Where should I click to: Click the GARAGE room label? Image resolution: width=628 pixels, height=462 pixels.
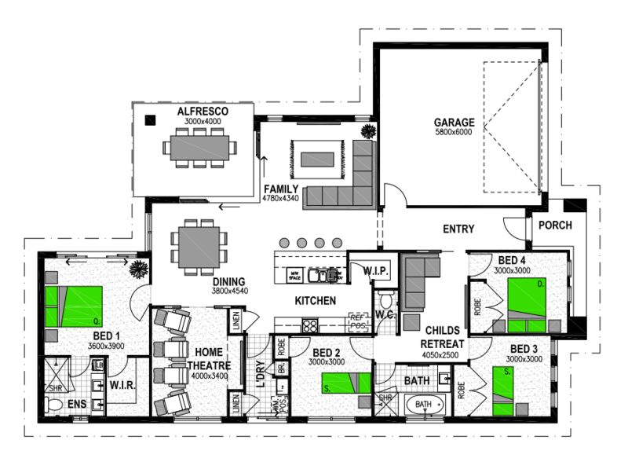(455, 122)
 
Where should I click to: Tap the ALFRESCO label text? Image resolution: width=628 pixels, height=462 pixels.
(202, 112)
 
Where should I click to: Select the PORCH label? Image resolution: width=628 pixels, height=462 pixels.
(555, 225)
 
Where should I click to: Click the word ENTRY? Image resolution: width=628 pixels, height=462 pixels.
(458, 229)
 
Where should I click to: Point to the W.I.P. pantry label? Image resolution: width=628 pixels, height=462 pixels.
(377, 271)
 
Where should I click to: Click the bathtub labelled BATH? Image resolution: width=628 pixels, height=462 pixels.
(424, 405)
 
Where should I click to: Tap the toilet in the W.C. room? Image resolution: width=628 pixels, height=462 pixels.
(385, 301)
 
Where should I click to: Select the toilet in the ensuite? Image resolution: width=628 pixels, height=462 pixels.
(55, 405)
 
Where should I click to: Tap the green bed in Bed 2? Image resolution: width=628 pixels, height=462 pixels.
(345, 382)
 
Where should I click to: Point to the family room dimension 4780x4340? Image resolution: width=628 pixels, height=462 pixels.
(282, 200)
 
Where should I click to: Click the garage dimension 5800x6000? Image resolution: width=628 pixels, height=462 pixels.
(455, 133)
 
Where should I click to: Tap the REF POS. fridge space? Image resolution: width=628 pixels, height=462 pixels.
(359, 321)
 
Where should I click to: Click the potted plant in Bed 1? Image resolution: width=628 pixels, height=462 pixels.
(139, 269)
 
